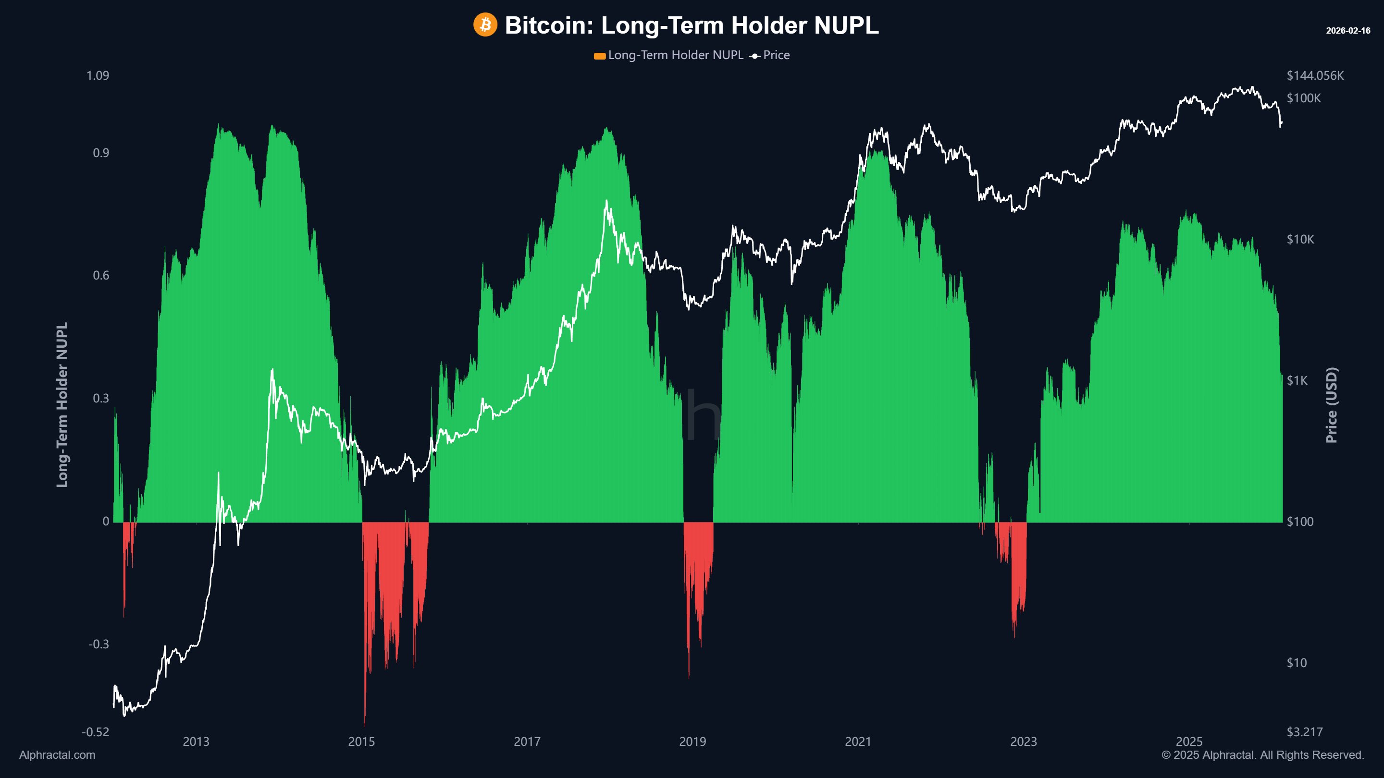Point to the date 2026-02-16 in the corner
pyautogui.click(x=1347, y=31)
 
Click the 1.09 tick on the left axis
pyautogui.click(x=97, y=76)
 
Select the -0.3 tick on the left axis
pyautogui.click(x=99, y=644)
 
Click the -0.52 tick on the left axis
pyautogui.click(x=95, y=732)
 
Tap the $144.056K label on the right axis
pyautogui.click(x=1315, y=76)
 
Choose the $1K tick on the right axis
pyautogui.click(x=1297, y=381)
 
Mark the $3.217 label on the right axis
pyautogui.click(x=1305, y=732)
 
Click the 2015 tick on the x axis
pyautogui.click(x=361, y=742)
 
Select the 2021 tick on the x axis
pyautogui.click(x=857, y=742)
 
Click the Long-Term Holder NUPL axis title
pyautogui.click(x=62, y=404)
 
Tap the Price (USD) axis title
pyautogui.click(x=1331, y=405)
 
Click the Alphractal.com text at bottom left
pyautogui.click(x=57, y=755)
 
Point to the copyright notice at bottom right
pyautogui.click(x=1262, y=755)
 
